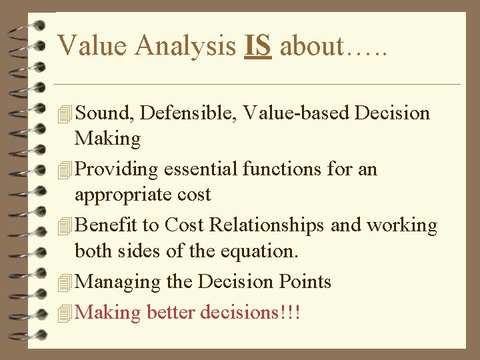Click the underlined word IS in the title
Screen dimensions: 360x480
pos(258,46)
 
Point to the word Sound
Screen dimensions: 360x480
pos(106,113)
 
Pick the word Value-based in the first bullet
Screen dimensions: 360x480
pos(296,113)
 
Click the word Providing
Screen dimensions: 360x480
pos(116,170)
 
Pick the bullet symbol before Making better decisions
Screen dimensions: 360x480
pos(64,312)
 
